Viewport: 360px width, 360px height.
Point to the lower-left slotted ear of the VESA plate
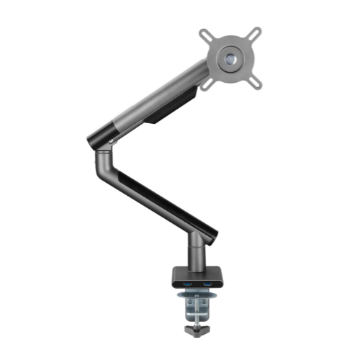coord(208,81)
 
